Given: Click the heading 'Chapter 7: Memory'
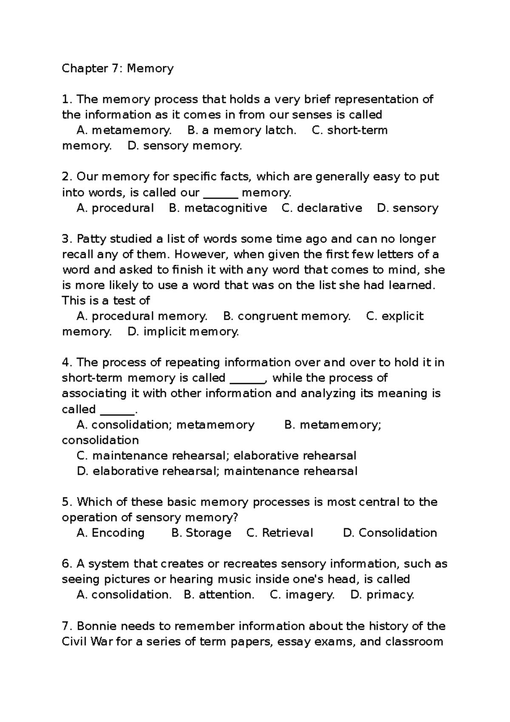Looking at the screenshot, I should tap(118, 68).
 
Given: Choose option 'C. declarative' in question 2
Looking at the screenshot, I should tap(322, 208).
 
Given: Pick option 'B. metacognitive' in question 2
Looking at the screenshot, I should tap(218, 208).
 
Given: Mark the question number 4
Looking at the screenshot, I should tap(66, 362).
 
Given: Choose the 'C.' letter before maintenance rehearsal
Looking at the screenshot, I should tap(82, 456).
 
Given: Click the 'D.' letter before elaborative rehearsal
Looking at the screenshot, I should tap(82, 471).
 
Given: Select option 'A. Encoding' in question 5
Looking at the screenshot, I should tap(110, 533).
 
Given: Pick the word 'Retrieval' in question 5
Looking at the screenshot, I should tap(287, 533).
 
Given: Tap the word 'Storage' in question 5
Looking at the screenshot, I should tap(208, 533).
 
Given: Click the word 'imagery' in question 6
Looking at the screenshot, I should tap(309, 594).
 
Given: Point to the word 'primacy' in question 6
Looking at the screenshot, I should tap(390, 594).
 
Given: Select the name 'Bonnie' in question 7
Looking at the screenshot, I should tap(95, 626).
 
